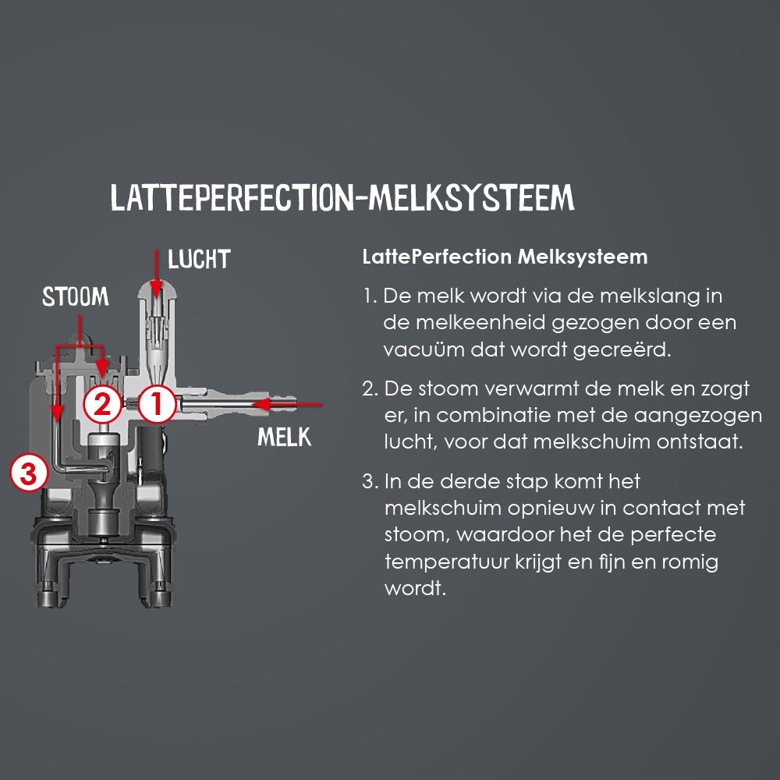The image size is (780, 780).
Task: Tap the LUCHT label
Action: tap(200, 259)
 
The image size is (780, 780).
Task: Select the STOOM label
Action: tap(76, 297)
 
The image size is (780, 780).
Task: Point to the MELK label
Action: tap(285, 437)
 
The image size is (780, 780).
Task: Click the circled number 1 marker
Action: tap(155, 404)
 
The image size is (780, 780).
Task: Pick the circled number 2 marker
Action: tap(102, 404)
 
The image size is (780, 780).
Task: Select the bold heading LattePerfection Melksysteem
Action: tap(505, 257)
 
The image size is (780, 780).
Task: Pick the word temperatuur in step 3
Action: tap(453, 561)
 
